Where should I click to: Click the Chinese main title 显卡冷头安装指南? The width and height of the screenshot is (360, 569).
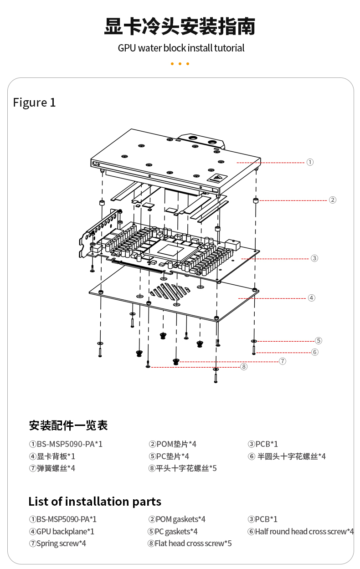pyautogui.click(x=180, y=26)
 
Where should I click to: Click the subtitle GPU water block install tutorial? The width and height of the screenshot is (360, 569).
pyautogui.click(x=181, y=48)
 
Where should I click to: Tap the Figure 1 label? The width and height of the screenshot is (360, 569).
pyautogui.click(x=34, y=103)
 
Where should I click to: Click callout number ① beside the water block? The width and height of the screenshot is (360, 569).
pyautogui.click(x=310, y=162)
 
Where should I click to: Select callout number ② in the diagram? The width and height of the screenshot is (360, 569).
pyautogui.click(x=333, y=200)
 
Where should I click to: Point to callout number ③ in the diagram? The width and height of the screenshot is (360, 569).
pyautogui.click(x=314, y=258)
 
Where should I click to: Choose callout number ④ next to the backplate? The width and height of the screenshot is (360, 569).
pyautogui.click(x=311, y=298)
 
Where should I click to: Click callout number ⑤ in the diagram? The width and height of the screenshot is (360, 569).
pyautogui.click(x=319, y=341)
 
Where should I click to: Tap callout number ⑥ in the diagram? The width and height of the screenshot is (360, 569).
pyautogui.click(x=315, y=352)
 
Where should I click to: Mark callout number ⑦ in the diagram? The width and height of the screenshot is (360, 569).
pyautogui.click(x=283, y=361)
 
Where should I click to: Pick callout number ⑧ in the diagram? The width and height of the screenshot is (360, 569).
pyautogui.click(x=244, y=367)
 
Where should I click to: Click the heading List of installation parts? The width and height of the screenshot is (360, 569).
pyautogui.click(x=95, y=502)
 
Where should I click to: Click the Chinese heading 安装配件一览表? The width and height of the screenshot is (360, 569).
pyautogui.click(x=68, y=426)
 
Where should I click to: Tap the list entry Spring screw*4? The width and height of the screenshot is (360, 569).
pyautogui.click(x=57, y=543)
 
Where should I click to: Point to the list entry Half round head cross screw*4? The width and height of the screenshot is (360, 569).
pyautogui.click(x=301, y=532)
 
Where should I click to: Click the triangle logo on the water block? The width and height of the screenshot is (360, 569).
pyautogui.click(x=217, y=179)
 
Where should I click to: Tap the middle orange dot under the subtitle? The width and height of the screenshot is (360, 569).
pyautogui.click(x=180, y=64)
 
